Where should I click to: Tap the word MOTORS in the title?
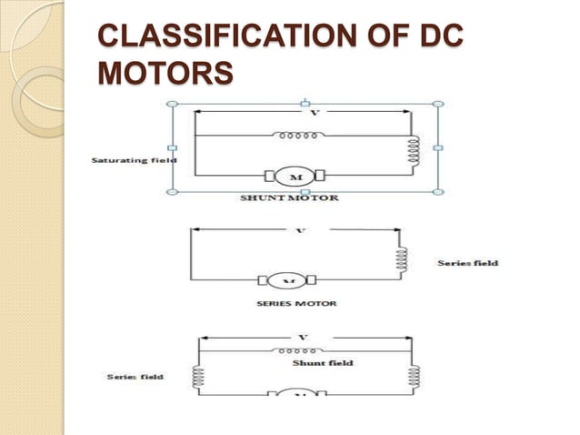164,71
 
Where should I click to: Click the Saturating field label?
134,160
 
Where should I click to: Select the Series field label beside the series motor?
467,263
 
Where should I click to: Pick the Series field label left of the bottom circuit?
135,377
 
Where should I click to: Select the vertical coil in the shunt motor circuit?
414,155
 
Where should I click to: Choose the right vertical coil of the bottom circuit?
415,376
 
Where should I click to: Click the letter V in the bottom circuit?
303,338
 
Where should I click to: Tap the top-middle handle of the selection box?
305,103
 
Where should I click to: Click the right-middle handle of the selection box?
438,147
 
